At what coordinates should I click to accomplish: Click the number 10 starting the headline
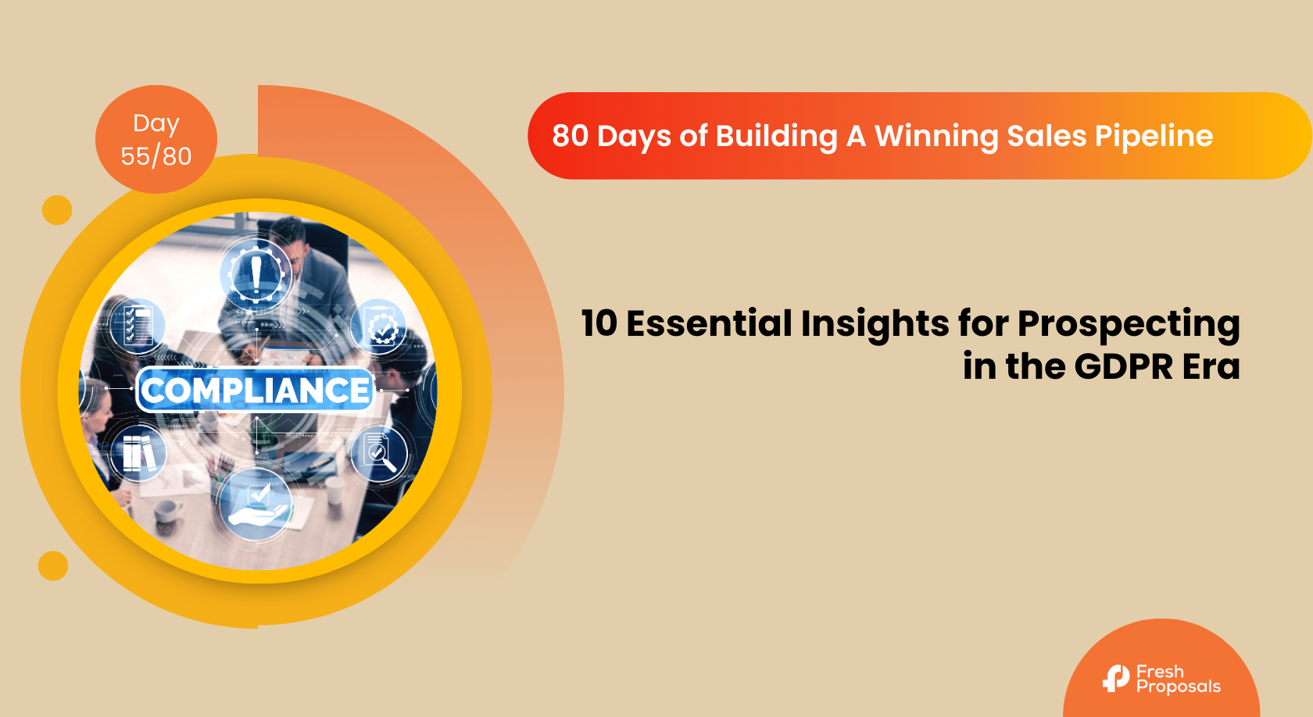point(599,323)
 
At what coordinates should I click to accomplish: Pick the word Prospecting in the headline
point(1129,325)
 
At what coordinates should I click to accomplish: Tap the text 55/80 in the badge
point(156,156)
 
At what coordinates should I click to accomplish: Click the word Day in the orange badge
point(156,123)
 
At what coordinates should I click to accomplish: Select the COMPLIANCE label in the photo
point(255,391)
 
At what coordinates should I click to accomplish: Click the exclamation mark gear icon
point(256,273)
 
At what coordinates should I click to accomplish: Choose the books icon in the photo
point(138,453)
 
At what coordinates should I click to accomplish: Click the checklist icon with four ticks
point(138,326)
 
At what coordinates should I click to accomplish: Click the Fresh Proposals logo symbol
point(1115,679)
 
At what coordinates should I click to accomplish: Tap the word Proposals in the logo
point(1179,687)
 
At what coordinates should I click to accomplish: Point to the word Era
point(1211,367)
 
